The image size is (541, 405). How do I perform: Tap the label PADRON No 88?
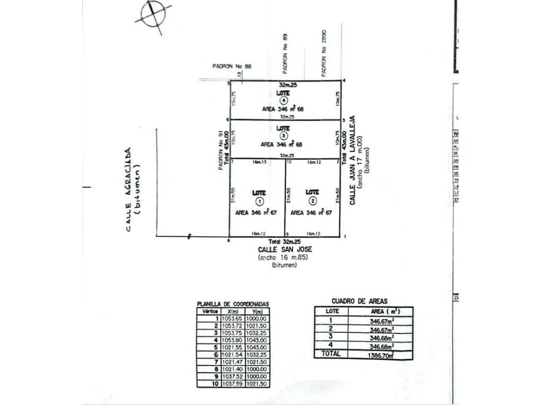click(232, 66)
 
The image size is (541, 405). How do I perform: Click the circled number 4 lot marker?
click(284, 100)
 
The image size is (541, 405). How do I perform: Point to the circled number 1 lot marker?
click(259, 201)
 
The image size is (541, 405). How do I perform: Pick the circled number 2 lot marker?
click(313, 201)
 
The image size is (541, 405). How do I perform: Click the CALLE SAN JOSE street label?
click(283, 249)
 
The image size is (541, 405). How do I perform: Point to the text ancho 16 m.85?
click(283, 257)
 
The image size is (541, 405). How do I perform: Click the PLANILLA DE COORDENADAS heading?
click(232, 304)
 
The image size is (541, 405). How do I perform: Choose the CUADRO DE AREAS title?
click(359, 301)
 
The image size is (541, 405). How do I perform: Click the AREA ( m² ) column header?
click(384, 311)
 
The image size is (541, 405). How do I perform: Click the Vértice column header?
click(208, 311)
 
